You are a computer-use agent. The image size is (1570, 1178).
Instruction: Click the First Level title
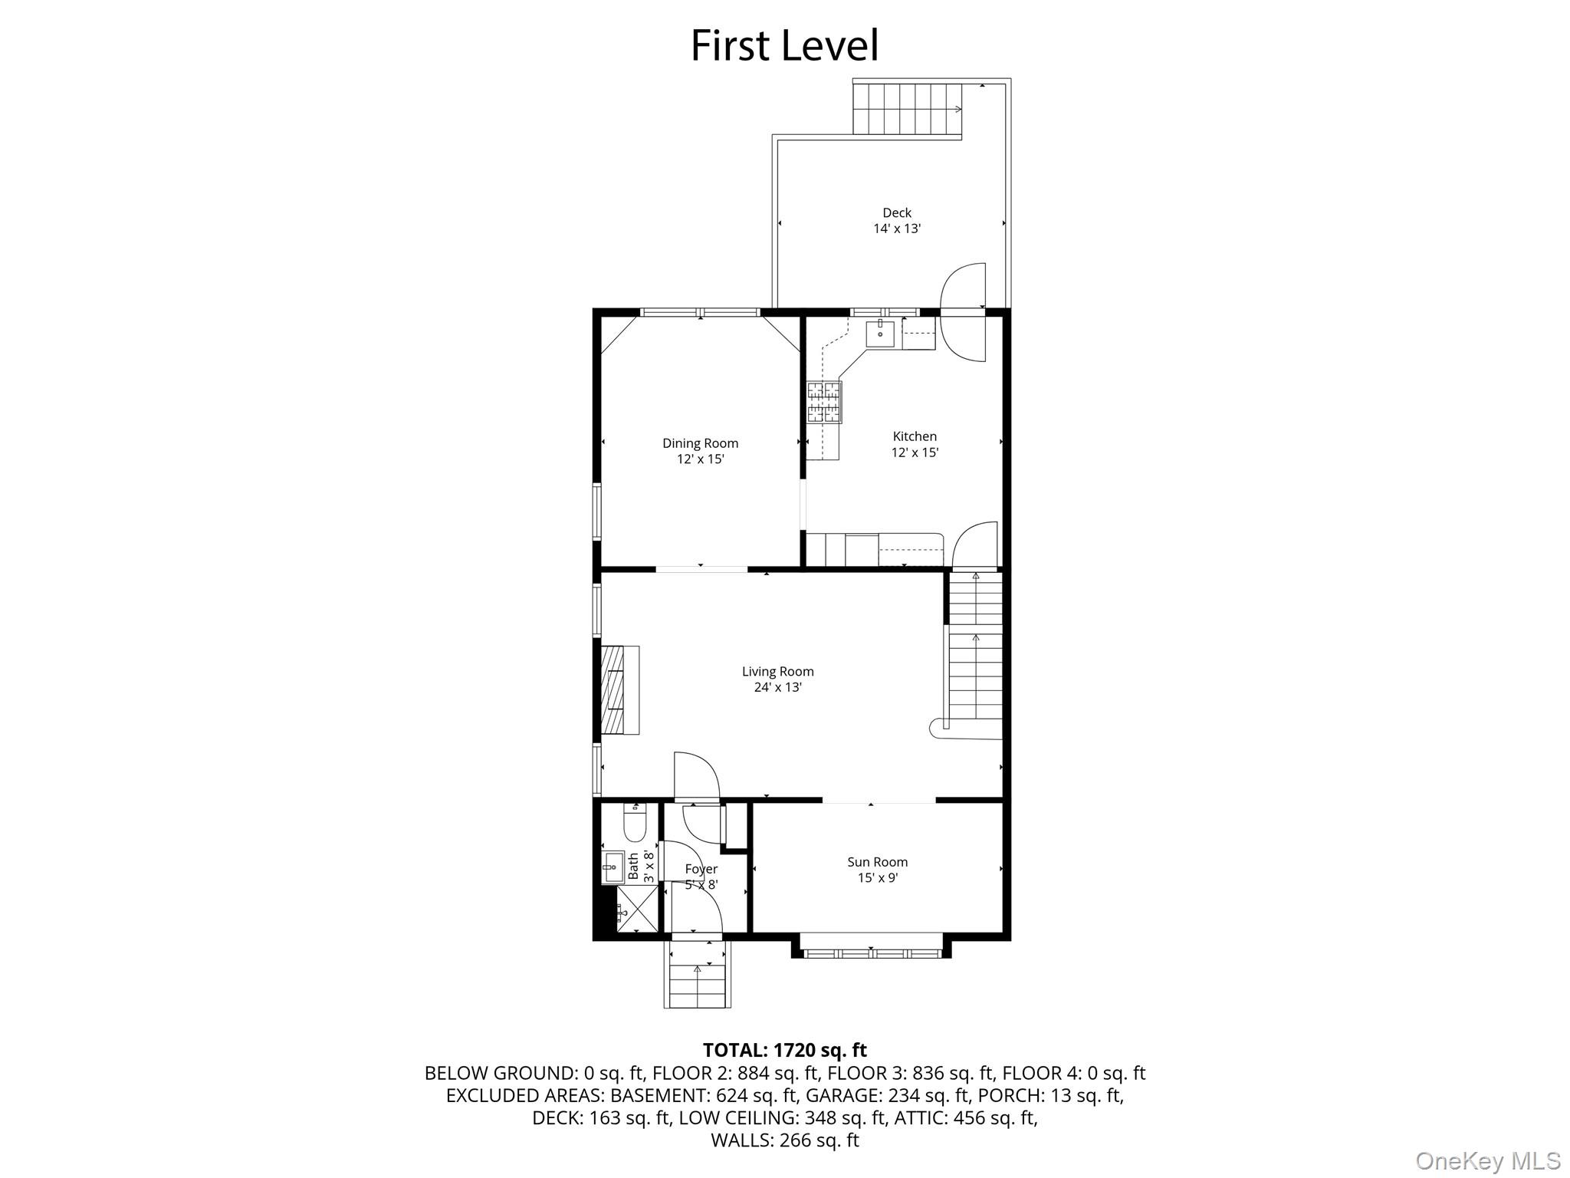784,46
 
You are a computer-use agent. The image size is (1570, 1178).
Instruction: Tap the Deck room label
896,213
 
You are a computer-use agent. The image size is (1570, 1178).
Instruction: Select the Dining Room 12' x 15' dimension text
700,459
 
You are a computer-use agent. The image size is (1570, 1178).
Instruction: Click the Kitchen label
915,436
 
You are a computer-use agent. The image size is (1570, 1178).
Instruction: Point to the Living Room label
777,672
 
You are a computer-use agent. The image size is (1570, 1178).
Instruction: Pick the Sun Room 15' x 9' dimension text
877,878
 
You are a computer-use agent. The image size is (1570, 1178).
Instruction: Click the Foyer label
701,869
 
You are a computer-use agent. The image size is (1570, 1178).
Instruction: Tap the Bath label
634,867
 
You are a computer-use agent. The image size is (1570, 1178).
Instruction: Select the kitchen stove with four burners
823,402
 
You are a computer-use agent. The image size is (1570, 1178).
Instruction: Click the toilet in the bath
636,824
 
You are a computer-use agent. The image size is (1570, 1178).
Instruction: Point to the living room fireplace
619,690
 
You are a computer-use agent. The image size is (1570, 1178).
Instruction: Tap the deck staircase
907,109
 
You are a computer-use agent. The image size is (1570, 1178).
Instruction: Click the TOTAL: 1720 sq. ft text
784,1050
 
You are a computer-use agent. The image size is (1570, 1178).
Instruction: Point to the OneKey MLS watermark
1487,1160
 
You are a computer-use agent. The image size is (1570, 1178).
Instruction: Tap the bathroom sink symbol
613,867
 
